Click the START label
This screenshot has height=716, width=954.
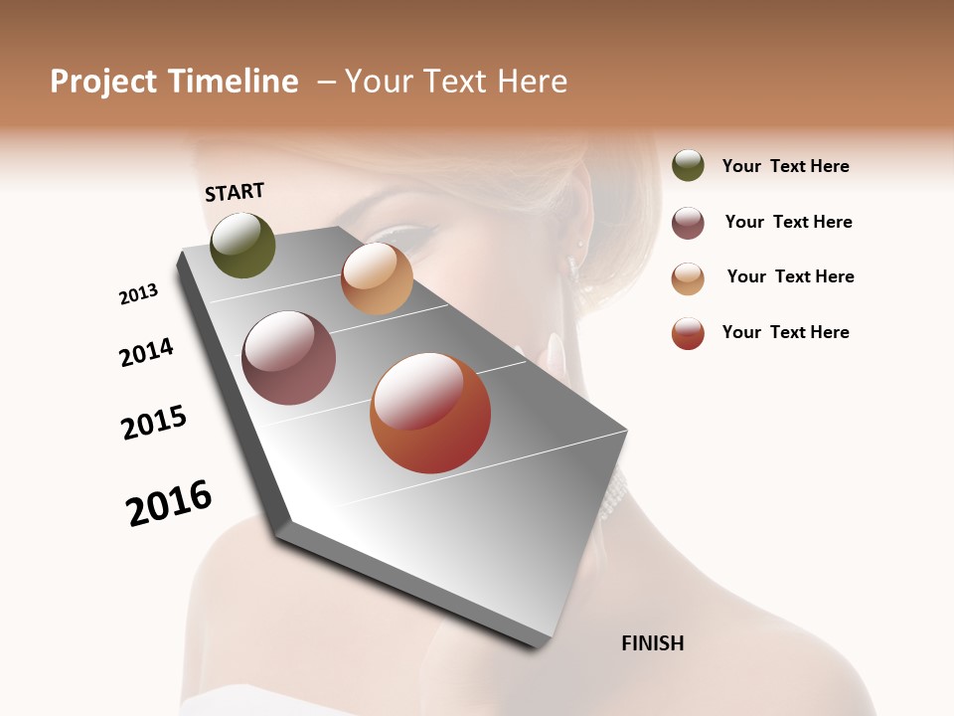click(x=235, y=192)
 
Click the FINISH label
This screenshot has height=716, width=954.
click(x=652, y=643)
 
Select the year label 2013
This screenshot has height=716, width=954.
click(x=138, y=294)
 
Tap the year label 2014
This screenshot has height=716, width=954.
click(x=146, y=352)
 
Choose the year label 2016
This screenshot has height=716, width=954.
click(x=169, y=502)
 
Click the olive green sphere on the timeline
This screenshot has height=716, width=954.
click(x=242, y=245)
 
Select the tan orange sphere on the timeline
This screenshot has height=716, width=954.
click(x=377, y=278)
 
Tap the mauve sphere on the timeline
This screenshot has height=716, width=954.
click(x=288, y=358)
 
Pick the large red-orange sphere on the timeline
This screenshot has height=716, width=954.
click(x=430, y=413)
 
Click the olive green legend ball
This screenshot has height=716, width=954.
click(x=688, y=165)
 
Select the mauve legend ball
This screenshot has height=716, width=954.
click(x=688, y=223)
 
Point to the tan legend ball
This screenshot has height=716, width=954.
click(x=688, y=278)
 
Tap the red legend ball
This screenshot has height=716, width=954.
click(x=688, y=333)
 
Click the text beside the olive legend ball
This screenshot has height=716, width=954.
click(x=785, y=166)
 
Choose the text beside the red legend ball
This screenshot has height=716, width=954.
click(x=785, y=332)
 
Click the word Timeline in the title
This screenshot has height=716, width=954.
click(x=233, y=82)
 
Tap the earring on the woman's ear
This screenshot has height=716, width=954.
click(x=572, y=264)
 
